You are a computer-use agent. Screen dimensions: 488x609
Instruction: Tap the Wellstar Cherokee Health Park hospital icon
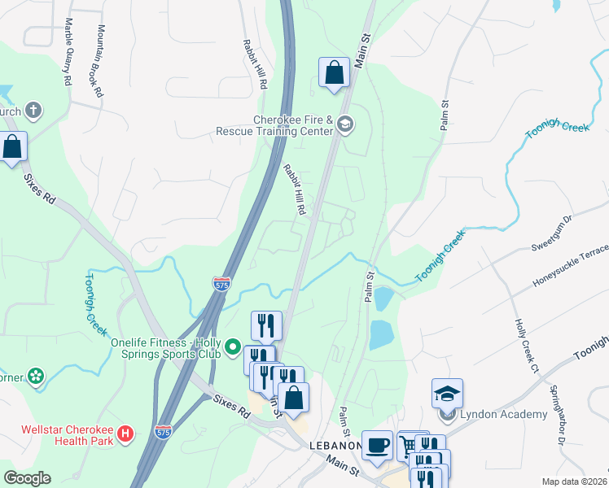pyautogui.click(x=125, y=434)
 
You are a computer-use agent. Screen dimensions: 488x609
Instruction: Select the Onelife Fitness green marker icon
pyautogui.click(x=232, y=350)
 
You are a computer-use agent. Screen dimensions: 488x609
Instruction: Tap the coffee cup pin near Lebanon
pyautogui.click(x=377, y=446)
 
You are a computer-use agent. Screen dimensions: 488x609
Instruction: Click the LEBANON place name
pyautogui.click(x=335, y=446)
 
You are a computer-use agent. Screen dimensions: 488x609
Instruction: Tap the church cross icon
pyautogui.click(x=33, y=110)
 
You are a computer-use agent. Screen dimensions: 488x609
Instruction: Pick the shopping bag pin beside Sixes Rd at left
pyautogui.click(x=12, y=147)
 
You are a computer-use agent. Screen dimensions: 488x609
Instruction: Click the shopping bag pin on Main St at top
pyautogui.click(x=334, y=73)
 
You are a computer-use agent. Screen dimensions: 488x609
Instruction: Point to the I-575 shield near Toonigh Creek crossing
pyautogui.click(x=221, y=284)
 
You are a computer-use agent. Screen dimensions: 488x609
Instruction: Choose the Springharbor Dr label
pyautogui.click(x=557, y=415)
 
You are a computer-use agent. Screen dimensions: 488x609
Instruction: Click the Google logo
pyautogui.click(x=27, y=478)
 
